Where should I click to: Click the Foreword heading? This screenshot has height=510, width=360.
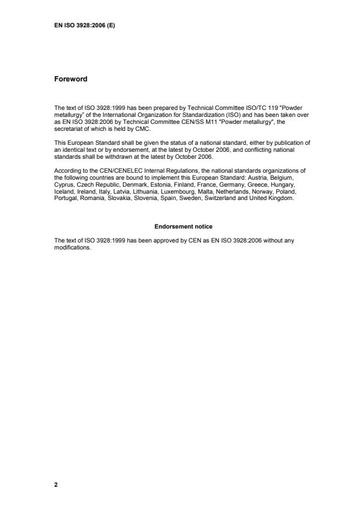[x=70, y=80]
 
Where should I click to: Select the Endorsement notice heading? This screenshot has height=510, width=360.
[x=180, y=226]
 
